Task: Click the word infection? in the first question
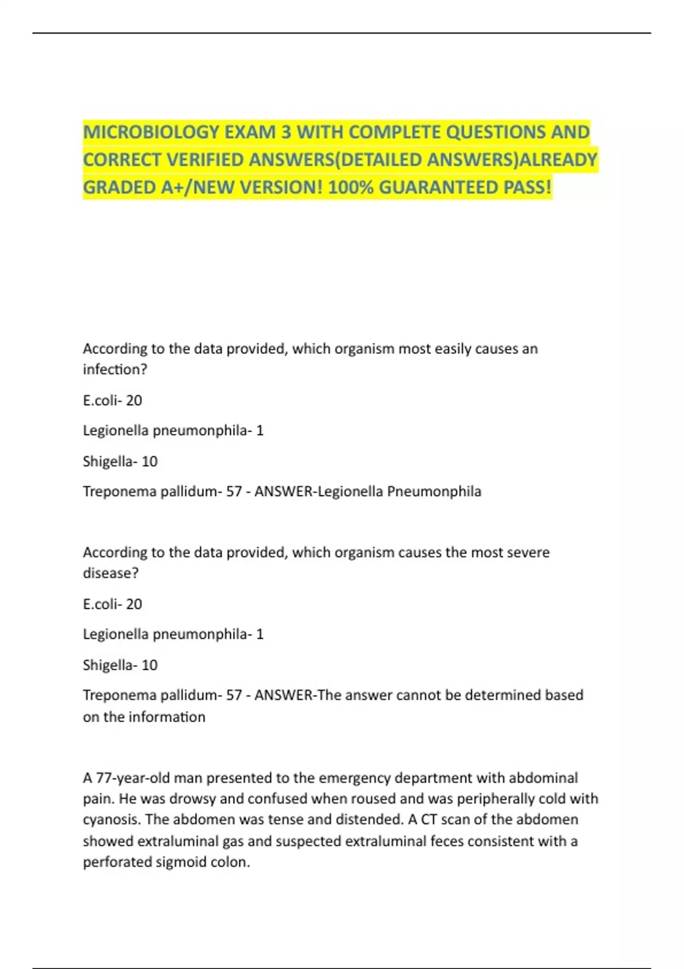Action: pos(115,370)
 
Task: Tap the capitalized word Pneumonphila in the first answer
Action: pos(434,491)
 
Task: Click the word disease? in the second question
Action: pos(111,573)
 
